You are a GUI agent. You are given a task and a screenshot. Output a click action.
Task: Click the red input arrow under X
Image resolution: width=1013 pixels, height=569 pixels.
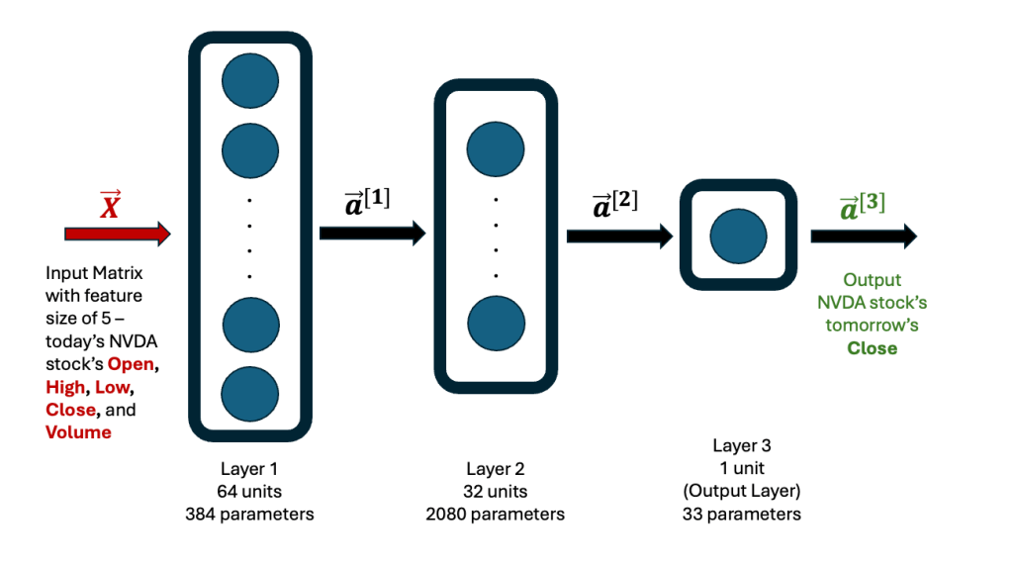point(117,235)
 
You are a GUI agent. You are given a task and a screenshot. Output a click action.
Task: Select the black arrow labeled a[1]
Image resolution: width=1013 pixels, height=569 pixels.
point(372,234)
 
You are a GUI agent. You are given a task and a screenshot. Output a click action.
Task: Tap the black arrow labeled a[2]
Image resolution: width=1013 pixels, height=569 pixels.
point(619,236)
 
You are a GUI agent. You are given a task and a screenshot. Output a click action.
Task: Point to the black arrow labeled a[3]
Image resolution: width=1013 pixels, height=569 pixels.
point(863,236)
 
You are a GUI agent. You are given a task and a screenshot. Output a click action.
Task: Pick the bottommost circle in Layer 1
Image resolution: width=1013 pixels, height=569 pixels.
point(250,393)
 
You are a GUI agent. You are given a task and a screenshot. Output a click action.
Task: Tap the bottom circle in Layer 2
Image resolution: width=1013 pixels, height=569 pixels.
point(496,323)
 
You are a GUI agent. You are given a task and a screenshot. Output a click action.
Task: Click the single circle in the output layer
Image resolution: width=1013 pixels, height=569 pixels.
point(739,235)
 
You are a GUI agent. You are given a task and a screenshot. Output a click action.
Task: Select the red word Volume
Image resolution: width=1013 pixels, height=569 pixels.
point(78,432)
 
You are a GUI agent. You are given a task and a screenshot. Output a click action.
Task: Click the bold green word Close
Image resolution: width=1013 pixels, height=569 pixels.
point(872,347)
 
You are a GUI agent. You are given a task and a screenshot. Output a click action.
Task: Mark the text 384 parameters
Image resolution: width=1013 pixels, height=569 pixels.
point(249,514)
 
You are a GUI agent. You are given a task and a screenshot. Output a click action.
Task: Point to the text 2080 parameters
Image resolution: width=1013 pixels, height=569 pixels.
point(495,514)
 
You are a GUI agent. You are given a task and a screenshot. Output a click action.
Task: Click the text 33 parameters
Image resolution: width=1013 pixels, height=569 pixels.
point(741,514)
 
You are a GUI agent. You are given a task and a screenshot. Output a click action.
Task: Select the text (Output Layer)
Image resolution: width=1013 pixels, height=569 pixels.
point(741,492)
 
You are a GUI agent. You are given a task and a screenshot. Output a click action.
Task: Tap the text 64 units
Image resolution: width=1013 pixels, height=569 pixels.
point(249,491)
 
